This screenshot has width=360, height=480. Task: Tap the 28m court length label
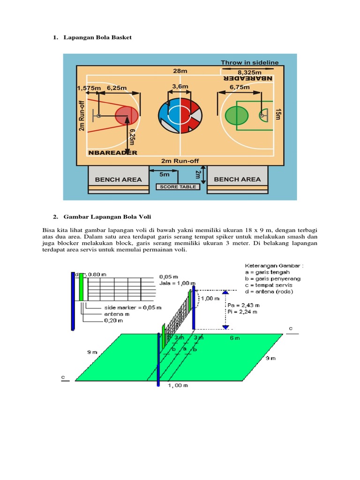pos(180,71)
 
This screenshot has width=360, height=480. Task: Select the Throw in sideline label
pos(249,62)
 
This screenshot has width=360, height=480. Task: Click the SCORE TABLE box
pos(178,187)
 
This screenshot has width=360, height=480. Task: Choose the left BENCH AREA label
pos(118,179)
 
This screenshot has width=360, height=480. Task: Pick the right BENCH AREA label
pos(237,179)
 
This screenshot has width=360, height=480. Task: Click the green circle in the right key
pos(237,115)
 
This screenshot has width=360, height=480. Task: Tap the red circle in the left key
pos(126,115)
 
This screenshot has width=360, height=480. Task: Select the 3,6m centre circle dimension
pos(180,86)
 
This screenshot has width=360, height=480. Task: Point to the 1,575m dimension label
pos(89,88)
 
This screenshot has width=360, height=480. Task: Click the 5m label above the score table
pos(164,174)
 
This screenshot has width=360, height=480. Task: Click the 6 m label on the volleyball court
pos(235,337)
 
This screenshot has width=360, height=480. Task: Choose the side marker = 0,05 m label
pos(133,307)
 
